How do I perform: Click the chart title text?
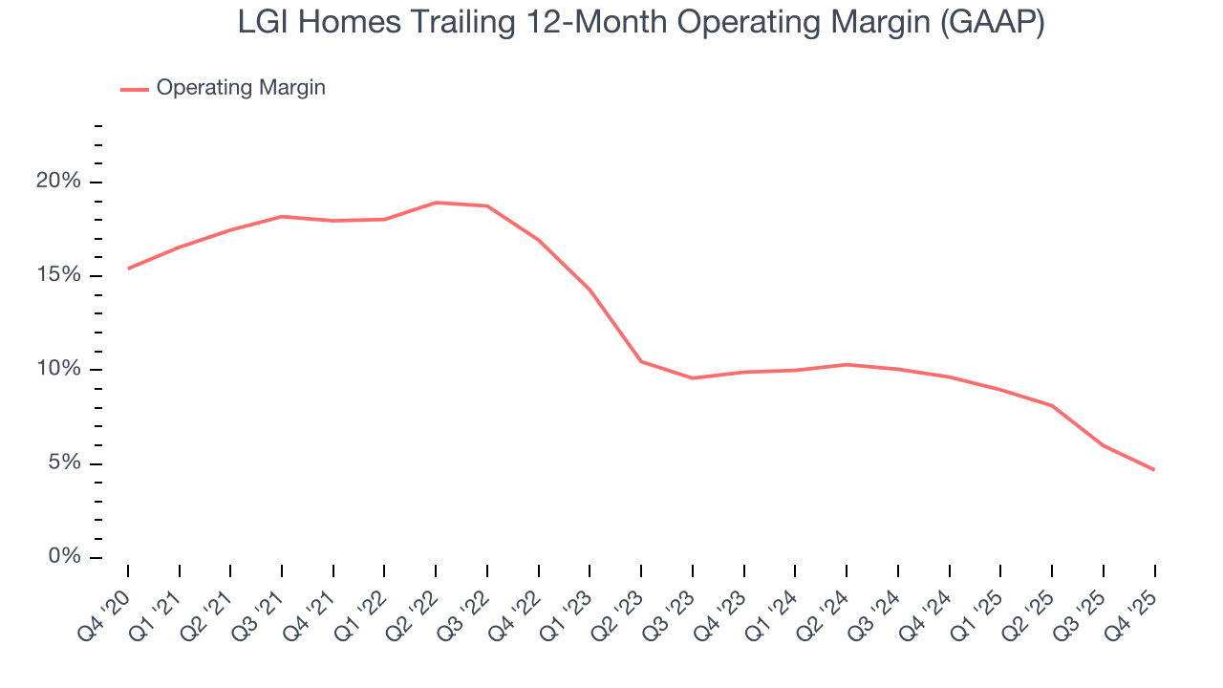pos(641,23)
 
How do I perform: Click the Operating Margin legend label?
pos(241,88)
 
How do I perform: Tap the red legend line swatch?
pos(135,89)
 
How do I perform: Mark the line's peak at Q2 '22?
pos(436,203)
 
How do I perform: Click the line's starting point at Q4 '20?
pos(128,269)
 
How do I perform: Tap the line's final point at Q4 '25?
pos(1154,470)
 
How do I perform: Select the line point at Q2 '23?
pos(641,361)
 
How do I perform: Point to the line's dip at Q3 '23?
pos(693,378)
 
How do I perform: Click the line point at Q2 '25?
pos(1052,406)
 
